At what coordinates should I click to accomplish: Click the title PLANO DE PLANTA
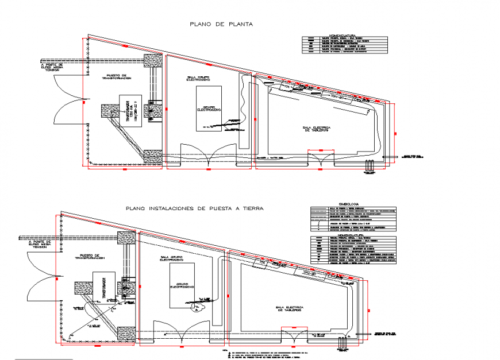221,24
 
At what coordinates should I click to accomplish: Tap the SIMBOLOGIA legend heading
349,203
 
